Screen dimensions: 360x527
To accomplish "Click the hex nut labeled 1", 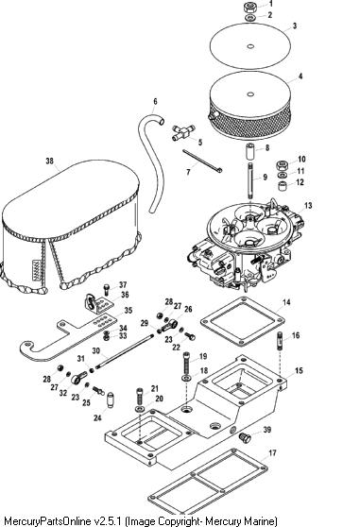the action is click(249, 7).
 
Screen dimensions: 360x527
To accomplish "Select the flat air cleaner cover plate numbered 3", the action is click(250, 46).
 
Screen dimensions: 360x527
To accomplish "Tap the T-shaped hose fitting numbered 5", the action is click(183, 132).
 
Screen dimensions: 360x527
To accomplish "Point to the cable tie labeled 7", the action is click(202, 161).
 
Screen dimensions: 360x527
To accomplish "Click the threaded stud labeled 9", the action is click(250, 180).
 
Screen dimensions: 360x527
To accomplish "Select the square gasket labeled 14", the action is click(243, 321).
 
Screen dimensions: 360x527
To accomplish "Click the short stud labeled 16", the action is click(281, 341).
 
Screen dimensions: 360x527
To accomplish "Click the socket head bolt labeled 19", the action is click(187, 362).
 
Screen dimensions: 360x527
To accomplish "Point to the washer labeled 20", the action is click(140, 409).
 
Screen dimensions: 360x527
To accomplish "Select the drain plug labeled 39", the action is click(245, 437).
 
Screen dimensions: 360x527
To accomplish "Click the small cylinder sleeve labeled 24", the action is click(111, 399).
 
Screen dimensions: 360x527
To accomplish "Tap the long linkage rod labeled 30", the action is click(124, 351).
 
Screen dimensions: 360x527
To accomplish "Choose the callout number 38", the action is click(49, 161).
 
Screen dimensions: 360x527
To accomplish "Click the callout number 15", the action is click(299, 371).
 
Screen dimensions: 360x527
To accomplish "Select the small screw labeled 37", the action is click(107, 289).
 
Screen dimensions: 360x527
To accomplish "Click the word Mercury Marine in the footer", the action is click(241, 520).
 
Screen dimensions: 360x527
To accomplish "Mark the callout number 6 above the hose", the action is click(155, 101).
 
